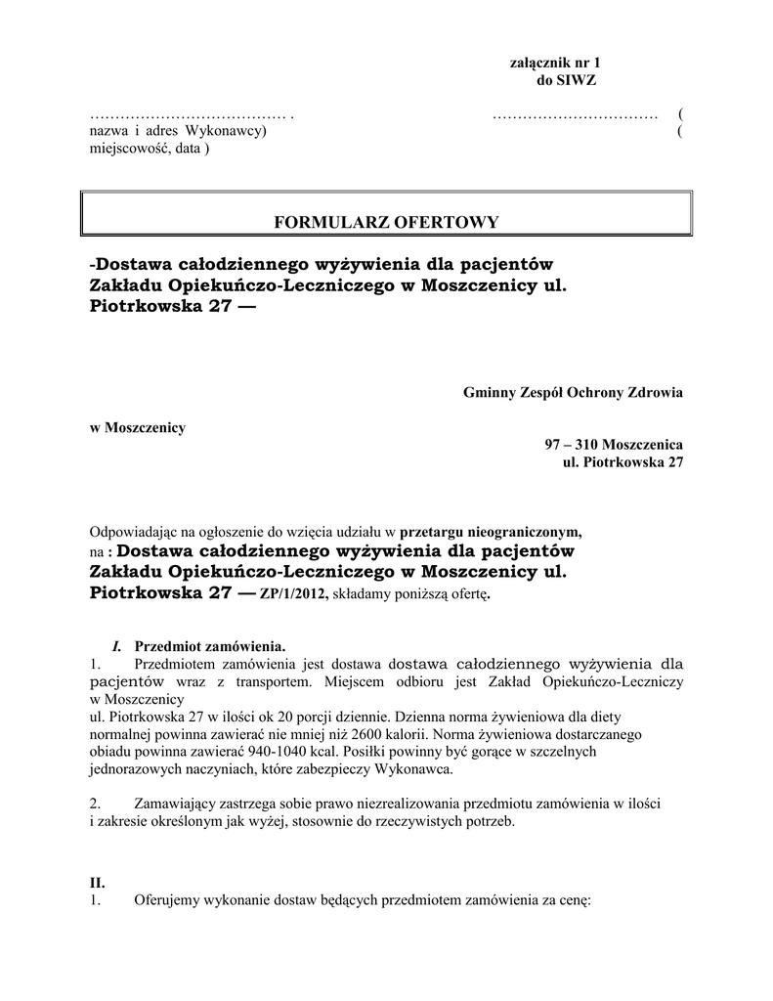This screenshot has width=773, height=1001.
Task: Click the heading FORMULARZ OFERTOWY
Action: pyautogui.click(x=386, y=222)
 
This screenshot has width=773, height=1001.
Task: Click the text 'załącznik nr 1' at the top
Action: pyautogui.click(x=555, y=63)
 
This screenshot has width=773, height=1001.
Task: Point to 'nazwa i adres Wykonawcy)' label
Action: pyautogui.click(x=177, y=131)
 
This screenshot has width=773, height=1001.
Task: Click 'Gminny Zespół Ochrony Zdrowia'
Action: pyautogui.click(x=573, y=392)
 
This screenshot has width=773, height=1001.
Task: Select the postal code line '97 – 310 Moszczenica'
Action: pyautogui.click(x=614, y=444)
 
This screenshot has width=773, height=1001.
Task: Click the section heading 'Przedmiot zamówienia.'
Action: pyautogui.click(x=209, y=646)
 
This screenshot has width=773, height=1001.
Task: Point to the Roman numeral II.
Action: pyautogui.click(x=97, y=882)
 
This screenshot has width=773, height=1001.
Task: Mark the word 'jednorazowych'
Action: pyautogui.click(x=133, y=769)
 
